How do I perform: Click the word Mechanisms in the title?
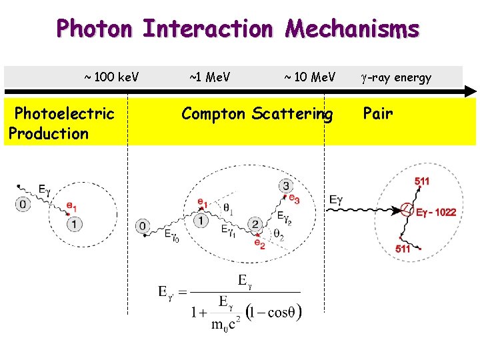click(x=352, y=29)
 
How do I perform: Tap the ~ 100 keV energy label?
click(x=111, y=77)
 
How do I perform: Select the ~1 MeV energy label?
click(x=210, y=77)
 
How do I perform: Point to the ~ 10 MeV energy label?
click(x=310, y=77)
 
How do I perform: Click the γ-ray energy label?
click(x=396, y=77)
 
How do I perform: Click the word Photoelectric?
click(x=64, y=113)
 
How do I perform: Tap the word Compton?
click(x=215, y=114)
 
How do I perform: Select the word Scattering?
click(x=293, y=114)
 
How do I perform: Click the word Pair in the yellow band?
click(x=378, y=113)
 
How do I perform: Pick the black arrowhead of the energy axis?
click(x=471, y=91)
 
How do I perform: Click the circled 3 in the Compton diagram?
click(x=286, y=185)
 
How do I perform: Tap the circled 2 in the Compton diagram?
click(x=255, y=224)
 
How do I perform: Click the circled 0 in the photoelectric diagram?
click(x=24, y=204)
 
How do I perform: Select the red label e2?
click(x=259, y=244)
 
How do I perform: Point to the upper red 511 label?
click(x=422, y=181)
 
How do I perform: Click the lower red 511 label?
click(x=403, y=249)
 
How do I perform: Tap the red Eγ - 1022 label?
click(x=436, y=213)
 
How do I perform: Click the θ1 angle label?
click(x=229, y=209)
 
